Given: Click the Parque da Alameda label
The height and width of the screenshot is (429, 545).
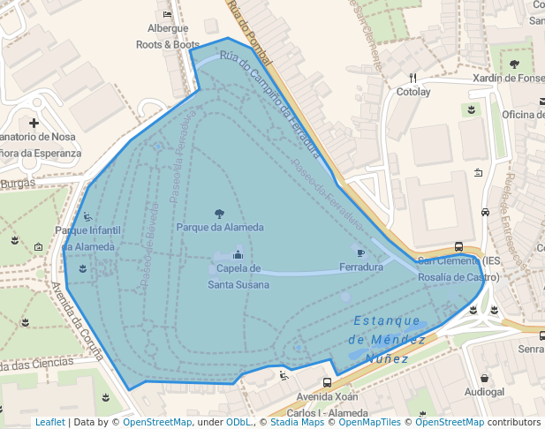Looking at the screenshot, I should tap(220, 227).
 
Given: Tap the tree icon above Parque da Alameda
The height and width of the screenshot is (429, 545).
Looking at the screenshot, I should tap(220, 213).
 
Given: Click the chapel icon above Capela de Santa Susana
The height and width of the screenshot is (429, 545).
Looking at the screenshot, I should tap(237, 255).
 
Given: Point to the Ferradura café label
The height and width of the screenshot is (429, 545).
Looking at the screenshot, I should tap(360, 267).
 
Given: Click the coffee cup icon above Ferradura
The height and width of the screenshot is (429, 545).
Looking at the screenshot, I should tap(360, 253).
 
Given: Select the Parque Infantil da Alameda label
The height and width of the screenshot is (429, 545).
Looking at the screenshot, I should tap(87, 238).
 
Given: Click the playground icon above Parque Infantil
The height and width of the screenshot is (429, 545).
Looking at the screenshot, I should tap(87, 217).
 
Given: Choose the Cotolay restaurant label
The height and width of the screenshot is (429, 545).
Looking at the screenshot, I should tap(413, 92).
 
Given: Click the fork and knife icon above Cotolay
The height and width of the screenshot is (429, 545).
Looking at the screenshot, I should tap(413, 78).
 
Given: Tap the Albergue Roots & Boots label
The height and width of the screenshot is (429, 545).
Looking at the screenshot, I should tap(168, 36).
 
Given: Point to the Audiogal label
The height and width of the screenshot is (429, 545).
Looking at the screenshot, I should tap(484, 391).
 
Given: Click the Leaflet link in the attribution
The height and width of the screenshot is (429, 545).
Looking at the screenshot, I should tap(50, 422).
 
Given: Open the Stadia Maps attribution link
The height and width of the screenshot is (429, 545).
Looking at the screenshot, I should tap(298, 422).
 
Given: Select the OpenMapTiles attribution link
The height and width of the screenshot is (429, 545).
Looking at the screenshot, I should tap(370, 422).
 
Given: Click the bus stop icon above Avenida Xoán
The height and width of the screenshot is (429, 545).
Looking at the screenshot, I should tap(327, 382).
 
